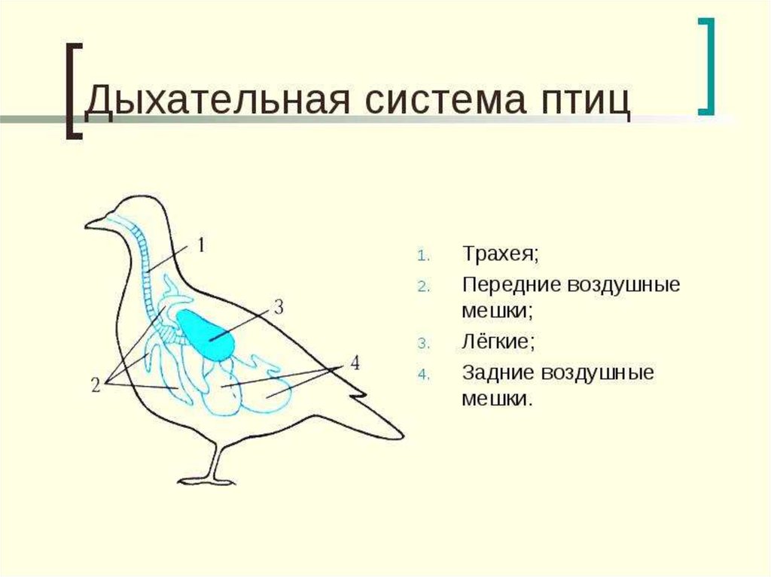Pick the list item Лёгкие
(x=498, y=341)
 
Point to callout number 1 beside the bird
(x=202, y=244)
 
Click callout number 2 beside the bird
(x=96, y=385)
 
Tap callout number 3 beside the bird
(x=278, y=306)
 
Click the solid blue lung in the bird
(x=206, y=331)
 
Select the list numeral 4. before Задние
(x=422, y=374)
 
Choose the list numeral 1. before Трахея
(x=422, y=254)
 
